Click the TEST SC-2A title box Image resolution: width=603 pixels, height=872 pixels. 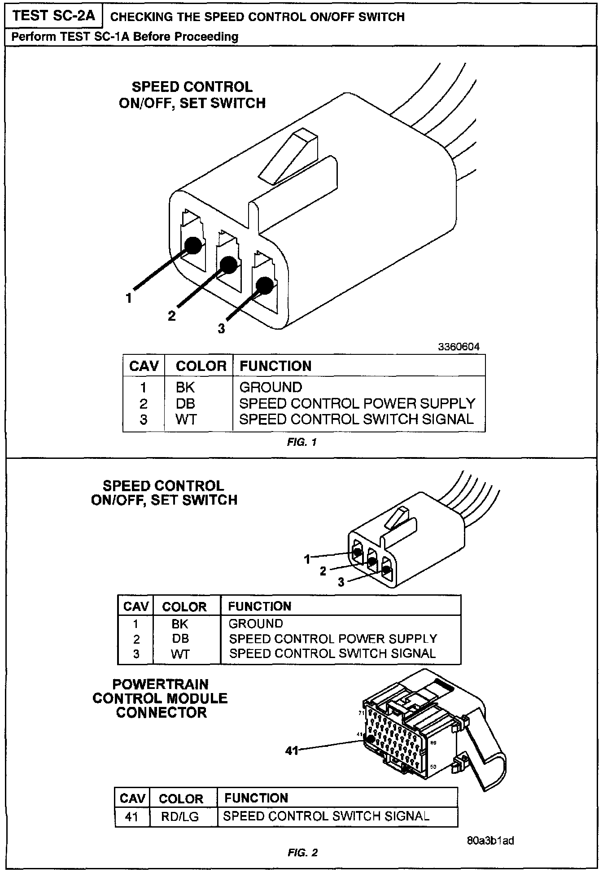coord(54,16)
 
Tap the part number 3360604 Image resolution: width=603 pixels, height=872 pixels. coord(459,347)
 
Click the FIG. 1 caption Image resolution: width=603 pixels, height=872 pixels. coord(302,442)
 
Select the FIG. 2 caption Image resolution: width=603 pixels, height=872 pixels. coord(302,852)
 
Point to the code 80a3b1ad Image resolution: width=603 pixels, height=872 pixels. coord(490,840)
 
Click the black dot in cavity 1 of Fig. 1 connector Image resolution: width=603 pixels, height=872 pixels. coord(193,245)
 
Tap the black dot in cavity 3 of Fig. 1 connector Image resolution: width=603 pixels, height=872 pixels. coord(264,285)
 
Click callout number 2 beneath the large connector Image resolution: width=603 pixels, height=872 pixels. coord(172,316)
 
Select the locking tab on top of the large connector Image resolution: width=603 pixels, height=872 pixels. coord(289,157)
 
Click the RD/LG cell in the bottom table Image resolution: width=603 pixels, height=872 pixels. coord(180,816)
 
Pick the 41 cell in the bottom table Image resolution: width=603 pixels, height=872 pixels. coord(131,816)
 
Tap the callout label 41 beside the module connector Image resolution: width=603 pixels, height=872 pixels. coord(292,750)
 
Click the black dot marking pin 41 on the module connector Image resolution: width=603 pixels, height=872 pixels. coord(371,739)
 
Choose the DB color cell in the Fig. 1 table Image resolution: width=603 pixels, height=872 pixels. coord(185,403)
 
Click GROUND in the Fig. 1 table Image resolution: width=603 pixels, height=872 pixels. coord(271,387)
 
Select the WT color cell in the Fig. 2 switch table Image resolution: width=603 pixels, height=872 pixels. coord(180,654)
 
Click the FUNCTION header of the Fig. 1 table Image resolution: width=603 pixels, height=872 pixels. coord(275,366)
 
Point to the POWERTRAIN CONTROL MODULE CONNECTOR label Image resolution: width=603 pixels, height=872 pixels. coord(160,698)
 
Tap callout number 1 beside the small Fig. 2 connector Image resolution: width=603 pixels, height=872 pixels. coord(307,559)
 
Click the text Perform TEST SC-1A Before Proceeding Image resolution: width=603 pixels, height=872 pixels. coord(125,36)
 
